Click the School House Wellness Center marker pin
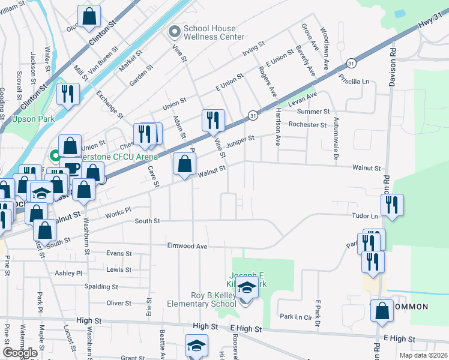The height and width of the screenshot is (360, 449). (x=175, y=31)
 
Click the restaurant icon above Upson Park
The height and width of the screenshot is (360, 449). (x=67, y=94)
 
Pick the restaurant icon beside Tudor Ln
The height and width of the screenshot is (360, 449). (x=392, y=205)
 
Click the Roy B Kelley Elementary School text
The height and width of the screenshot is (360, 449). (x=200, y=304)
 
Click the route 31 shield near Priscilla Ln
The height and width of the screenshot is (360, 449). (x=350, y=63)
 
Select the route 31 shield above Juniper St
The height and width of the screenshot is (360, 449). (x=253, y=115)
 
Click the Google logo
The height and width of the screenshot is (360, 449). (x=20, y=353)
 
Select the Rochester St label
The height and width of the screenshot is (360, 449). (x=307, y=125)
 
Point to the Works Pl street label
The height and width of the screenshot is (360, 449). (x=118, y=211)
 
